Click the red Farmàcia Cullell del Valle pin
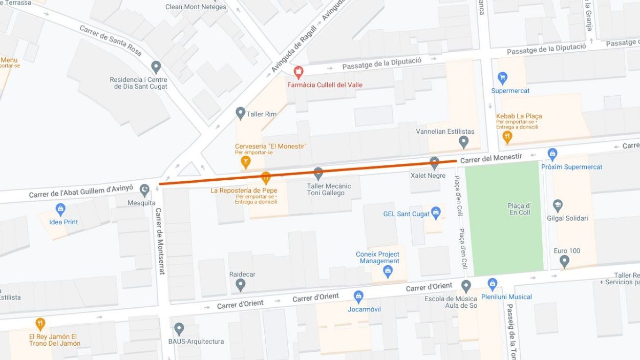click(298, 72)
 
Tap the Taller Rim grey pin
click(240, 113)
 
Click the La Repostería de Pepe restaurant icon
click(266, 178)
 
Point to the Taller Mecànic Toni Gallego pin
click(318, 174)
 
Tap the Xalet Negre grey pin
click(434, 163)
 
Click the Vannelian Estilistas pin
click(464, 142)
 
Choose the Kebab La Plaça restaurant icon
click(507, 136)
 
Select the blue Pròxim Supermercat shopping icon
click(552, 154)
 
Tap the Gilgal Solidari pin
click(558, 206)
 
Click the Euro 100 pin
click(564, 261)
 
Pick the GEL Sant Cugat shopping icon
click(436, 213)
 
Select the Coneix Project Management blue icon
click(388, 271)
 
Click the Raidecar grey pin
click(241, 285)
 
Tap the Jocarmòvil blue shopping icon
click(358, 297)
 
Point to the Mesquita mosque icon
click(144, 190)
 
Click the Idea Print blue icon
click(61, 209)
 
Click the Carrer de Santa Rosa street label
click(110, 41)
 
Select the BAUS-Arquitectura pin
click(179, 329)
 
